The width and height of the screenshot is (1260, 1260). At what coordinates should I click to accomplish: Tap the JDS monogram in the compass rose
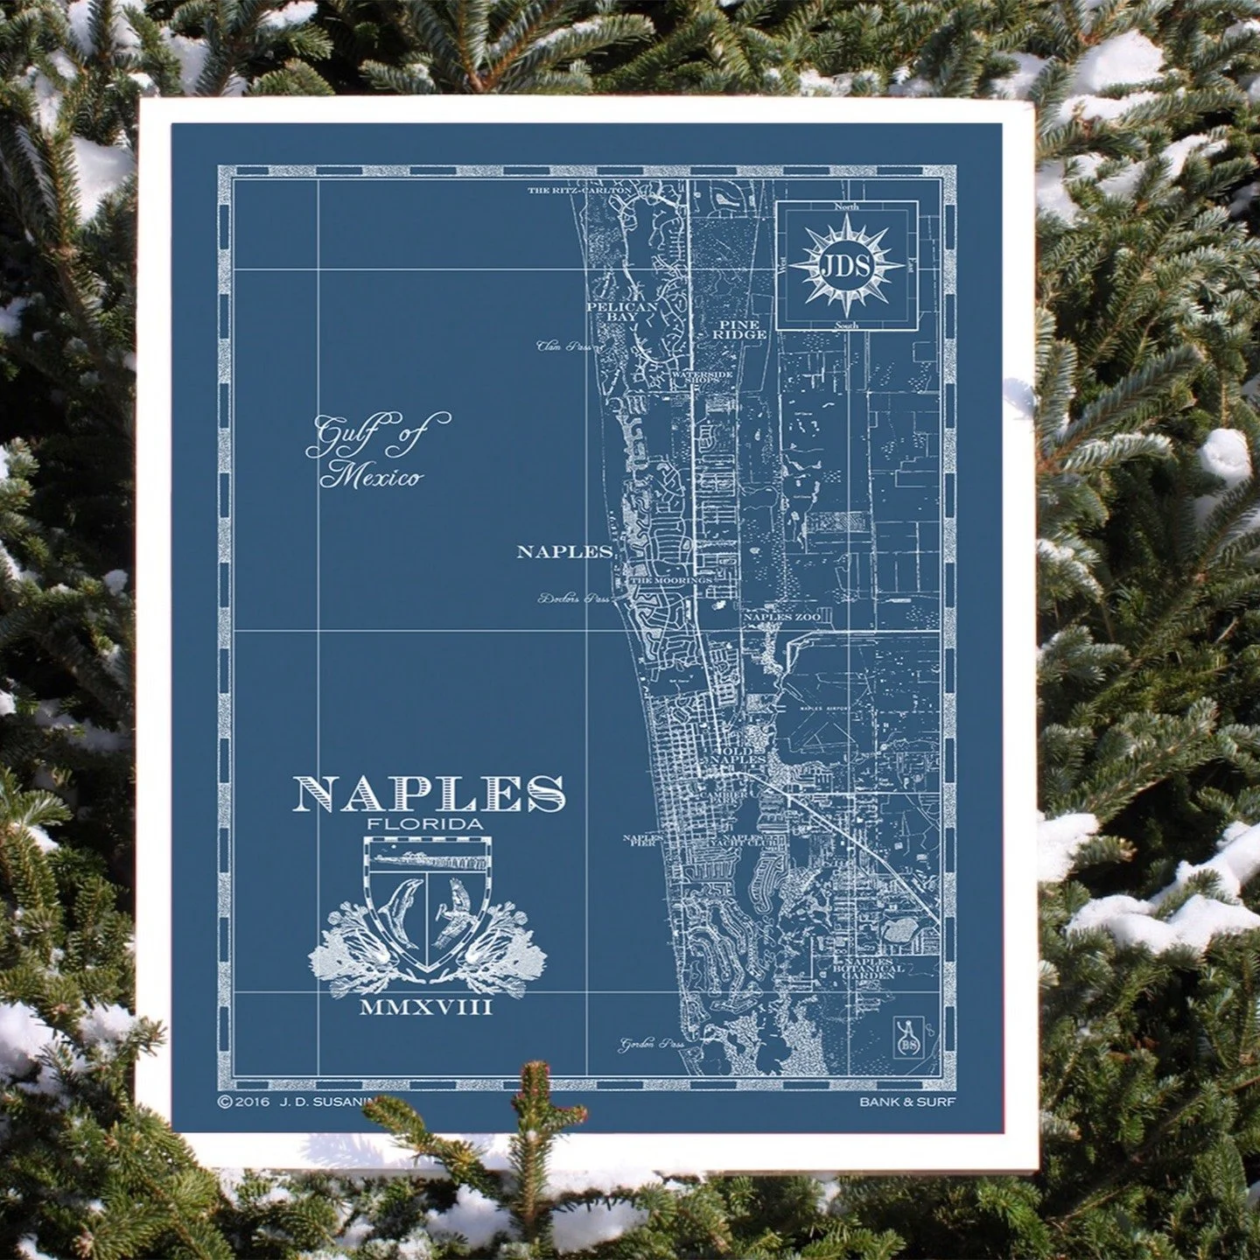point(846,266)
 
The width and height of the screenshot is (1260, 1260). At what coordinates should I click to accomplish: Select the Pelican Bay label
point(622,312)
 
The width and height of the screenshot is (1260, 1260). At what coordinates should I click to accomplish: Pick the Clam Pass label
point(565,346)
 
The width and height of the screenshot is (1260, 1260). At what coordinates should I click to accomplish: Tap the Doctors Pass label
point(573,600)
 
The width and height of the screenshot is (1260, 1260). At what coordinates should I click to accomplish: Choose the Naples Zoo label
point(781,617)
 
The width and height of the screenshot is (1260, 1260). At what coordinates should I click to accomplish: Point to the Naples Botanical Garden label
point(870,969)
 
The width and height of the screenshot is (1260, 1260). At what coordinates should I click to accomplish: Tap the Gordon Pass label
point(651,1044)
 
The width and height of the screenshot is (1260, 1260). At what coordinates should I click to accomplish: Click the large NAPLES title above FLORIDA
point(429,793)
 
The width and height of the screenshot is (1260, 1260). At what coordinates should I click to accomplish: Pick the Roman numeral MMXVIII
point(426,1008)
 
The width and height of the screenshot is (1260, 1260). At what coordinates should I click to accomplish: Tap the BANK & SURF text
point(906,1102)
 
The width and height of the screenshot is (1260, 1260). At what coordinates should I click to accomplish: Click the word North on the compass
point(846,206)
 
